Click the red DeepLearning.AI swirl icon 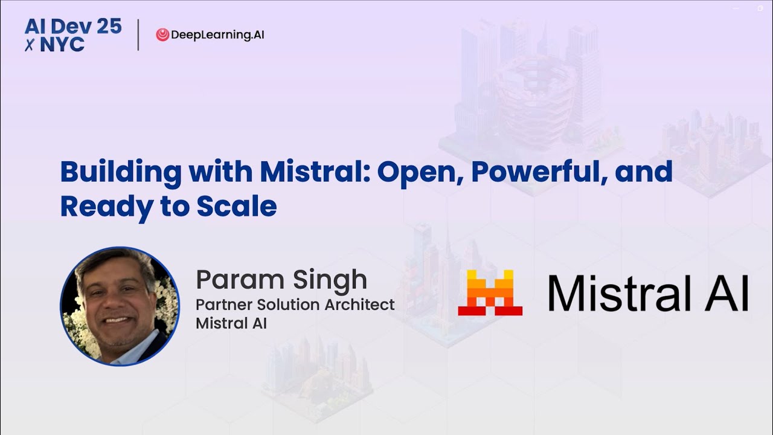pos(162,35)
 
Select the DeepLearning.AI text pos(217,35)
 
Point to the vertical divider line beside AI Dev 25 pos(138,35)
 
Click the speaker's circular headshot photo pos(120,306)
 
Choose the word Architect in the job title pos(360,304)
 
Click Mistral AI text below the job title pos(231,323)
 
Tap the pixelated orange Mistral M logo pos(490,292)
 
